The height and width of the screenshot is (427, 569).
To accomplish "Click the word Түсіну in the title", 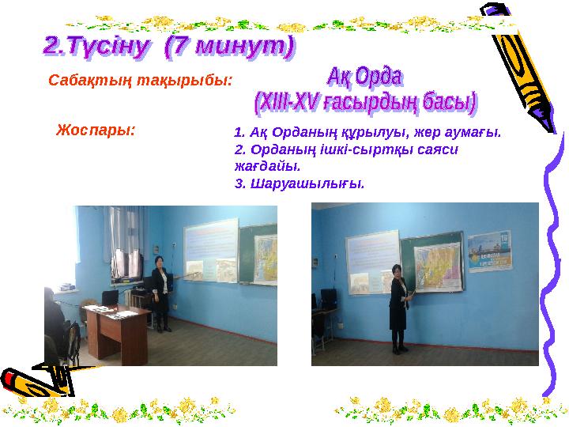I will coord(110,47).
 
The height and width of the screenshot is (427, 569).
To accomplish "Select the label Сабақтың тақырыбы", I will coord(141,81).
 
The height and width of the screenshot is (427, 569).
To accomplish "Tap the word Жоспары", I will coord(96,129).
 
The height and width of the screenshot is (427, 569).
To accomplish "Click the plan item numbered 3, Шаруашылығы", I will coord(300,183).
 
